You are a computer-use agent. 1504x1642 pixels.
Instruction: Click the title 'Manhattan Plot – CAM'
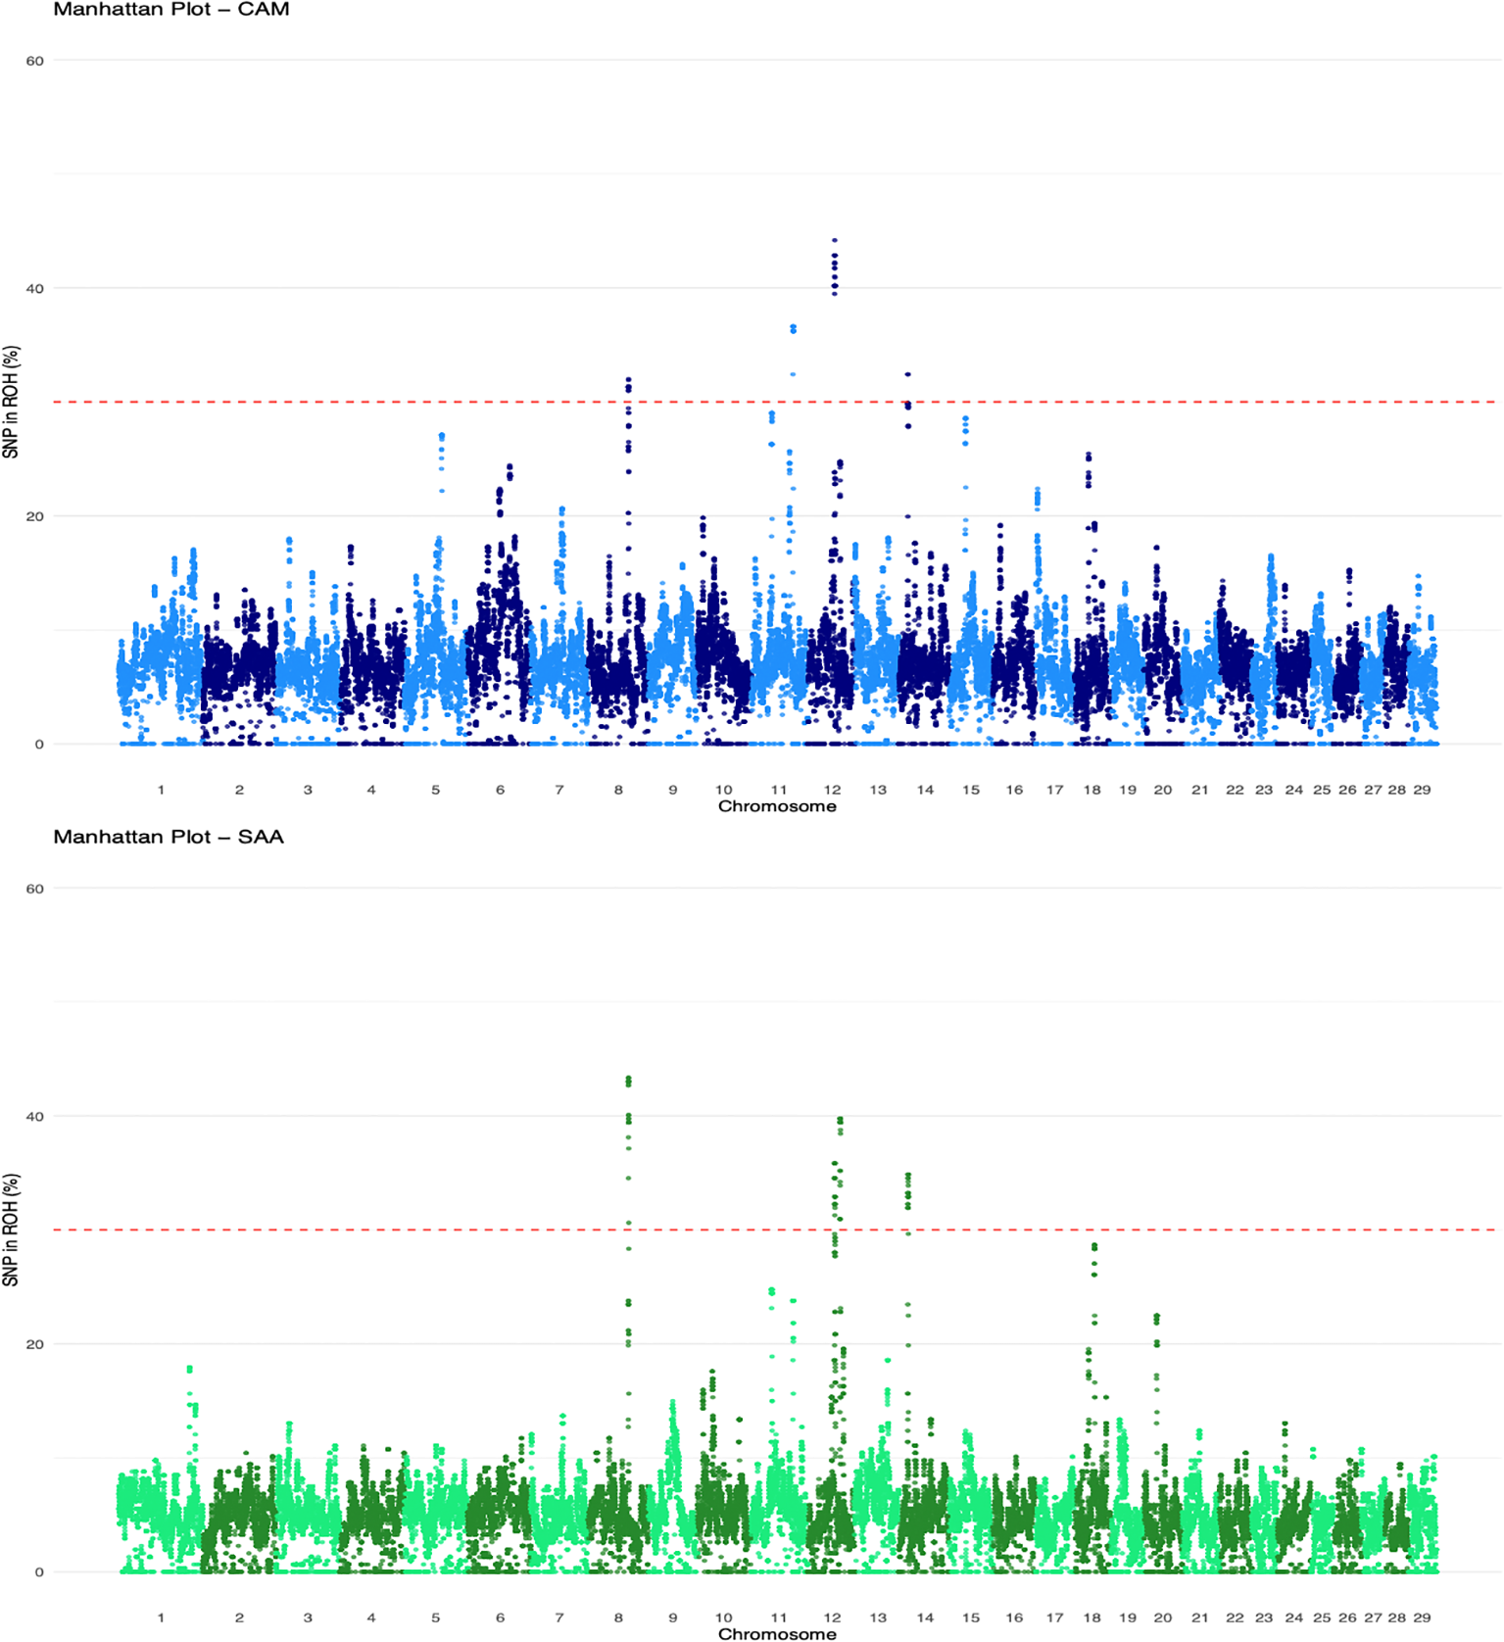[170, 10]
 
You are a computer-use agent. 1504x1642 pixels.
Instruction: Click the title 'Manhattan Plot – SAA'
[168, 837]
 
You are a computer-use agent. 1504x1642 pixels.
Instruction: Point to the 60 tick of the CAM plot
[35, 61]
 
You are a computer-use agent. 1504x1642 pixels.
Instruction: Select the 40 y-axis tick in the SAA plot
[35, 1117]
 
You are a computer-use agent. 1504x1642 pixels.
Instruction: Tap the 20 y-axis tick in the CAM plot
[35, 516]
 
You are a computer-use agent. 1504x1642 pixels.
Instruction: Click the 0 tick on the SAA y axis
[39, 1572]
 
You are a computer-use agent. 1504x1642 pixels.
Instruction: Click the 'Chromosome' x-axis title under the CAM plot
[777, 806]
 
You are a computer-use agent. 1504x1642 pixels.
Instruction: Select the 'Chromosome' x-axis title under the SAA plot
[777, 1633]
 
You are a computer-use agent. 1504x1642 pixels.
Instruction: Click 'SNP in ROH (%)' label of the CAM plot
[11, 402]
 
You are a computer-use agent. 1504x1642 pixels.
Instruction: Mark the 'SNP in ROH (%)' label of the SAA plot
[11, 1230]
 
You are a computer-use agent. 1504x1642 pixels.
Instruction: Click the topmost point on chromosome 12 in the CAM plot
[835, 240]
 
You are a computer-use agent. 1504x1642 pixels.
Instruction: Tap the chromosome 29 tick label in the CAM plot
[1422, 790]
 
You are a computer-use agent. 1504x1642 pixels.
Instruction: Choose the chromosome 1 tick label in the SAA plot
[161, 1618]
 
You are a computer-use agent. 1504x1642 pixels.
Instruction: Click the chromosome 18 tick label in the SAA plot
[1092, 1618]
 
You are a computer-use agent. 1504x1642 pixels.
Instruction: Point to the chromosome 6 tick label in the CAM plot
[500, 790]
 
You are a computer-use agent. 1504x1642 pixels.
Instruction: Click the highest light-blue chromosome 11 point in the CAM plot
[793, 326]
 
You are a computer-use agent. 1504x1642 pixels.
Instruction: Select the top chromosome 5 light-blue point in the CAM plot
[442, 435]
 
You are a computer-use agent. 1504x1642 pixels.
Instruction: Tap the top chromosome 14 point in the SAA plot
[908, 1175]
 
